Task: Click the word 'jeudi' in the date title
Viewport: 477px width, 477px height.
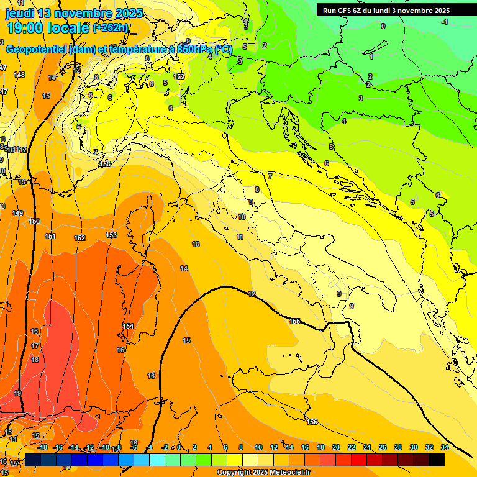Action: tap(20, 13)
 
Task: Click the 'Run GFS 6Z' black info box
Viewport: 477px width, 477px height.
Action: tap(386, 11)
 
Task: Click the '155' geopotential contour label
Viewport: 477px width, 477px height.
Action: tap(294, 321)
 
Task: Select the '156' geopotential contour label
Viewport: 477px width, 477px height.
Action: tap(312, 422)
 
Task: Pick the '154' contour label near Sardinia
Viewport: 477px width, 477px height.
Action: tap(128, 326)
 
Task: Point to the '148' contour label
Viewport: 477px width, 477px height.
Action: tap(19, 75)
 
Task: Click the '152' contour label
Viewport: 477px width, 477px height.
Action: tap(79, 238)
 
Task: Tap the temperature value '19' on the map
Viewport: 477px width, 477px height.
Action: tap(17, 393)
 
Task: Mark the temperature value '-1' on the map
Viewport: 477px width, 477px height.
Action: tap(444, 22)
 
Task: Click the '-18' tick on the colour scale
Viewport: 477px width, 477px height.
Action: tap(42, 447)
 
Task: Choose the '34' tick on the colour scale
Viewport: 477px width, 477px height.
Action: tap(444, 447)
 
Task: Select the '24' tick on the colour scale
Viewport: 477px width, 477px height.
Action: tap(366, 447)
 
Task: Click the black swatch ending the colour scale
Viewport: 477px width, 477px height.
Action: tap(437, 460)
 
